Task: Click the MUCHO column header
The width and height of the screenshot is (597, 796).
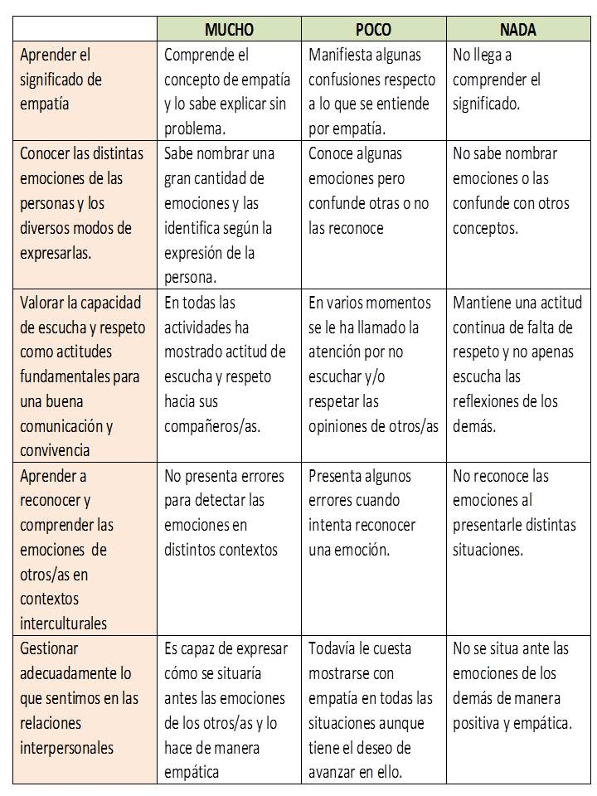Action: (229, 30)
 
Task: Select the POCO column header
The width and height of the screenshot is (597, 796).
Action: (373, 30)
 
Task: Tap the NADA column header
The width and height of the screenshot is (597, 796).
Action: (518, 30)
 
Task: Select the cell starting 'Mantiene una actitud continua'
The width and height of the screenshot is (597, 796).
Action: (517, 364)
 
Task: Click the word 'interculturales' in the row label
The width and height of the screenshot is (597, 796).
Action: (63, 624)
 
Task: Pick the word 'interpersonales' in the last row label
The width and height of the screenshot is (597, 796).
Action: (66, 748)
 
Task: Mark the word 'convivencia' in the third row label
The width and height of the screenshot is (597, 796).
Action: (56, 450)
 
